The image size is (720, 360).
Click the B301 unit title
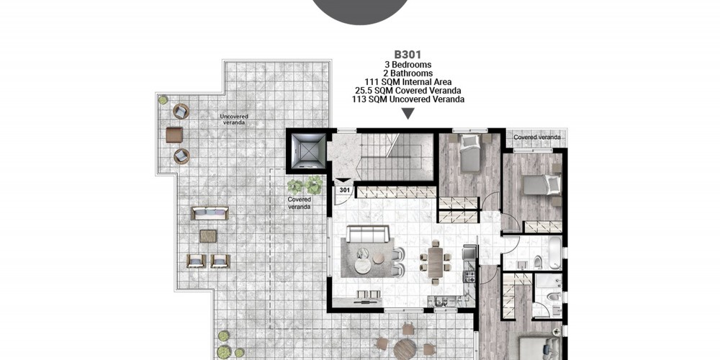(x=408, y=55)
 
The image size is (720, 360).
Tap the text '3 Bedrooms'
(x=408, y=65)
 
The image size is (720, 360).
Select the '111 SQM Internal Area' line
(x=408, y=82)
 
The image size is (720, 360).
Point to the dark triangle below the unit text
(x=408, y=114)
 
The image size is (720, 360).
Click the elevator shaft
(x=306, y=150)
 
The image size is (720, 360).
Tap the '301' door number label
(x=344, y=189)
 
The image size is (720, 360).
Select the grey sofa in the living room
(x=368, y=234)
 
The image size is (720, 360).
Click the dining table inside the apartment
(x=435, y=263)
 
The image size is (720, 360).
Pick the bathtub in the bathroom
(x=554, y=253)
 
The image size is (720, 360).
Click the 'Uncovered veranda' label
(x=234, y=120)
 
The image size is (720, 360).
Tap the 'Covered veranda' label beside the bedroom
(x=537, y=138)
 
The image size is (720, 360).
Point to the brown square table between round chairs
(x=174, y=135)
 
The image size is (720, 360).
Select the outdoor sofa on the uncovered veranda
(x=210, y=213)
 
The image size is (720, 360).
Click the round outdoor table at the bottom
(x=405, y=348)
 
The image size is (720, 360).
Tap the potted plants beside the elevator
(x=305, y=185)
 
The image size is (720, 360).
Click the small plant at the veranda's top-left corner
(x=163, y=99)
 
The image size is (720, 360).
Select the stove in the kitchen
(x=469, y=276)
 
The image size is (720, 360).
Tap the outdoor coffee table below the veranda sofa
(x=208, y=236)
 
